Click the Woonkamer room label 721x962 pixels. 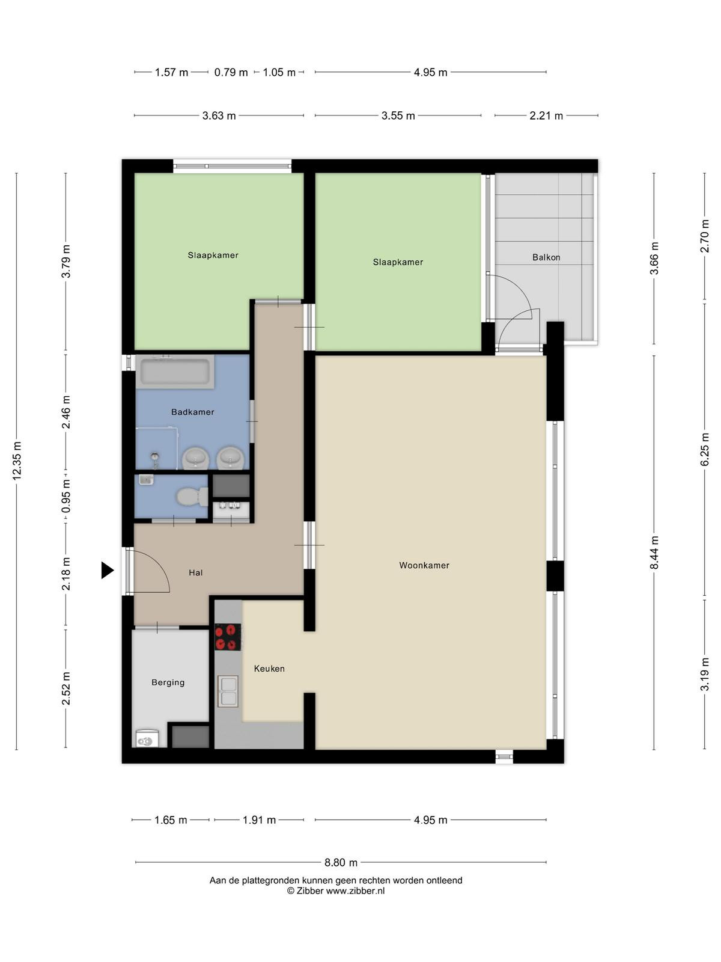pyautogui.click(x=424, y=565)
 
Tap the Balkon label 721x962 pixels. pyautogui.click(x=546, y=257)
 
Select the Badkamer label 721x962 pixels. pyautogui.click(x=193, y=412)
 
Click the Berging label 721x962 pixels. pyautogui.click(x=168, y=682)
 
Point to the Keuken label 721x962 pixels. pyautogui.click(x=269, y=669)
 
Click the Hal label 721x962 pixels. pyautogui.click(x=195, y=572)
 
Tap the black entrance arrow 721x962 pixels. pyautogui.click(x=108, y=570)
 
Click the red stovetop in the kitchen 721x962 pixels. pyautogui.click(x=228, y=637)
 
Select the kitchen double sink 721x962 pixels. pyautogui.click(x=228, y=691)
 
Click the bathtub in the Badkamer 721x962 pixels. pyautogui.click(x=175, y=372)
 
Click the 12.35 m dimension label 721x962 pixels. pyautogui.click(x=17, y=461)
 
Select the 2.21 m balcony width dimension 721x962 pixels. pyautogui.click(x=546, y=115)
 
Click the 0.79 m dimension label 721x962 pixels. pyautogui.click(x=231, y=72)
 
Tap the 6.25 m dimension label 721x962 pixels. pyautogui.click(x=704, y=450)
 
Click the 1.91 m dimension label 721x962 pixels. pyautogui.click(x=259, y=820)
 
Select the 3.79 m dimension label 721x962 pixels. pyautogui.click(x=65, y=261)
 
